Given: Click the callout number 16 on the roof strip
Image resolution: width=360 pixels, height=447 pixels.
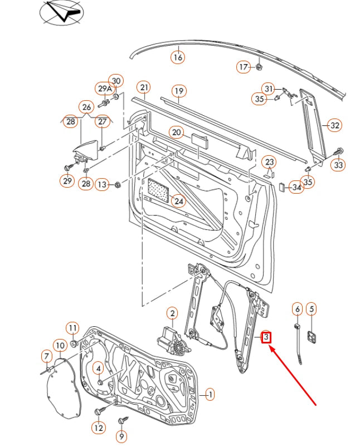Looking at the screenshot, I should pyautogui.click(x=177, y=57).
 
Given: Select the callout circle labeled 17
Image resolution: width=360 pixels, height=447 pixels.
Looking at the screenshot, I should pyautogui.click(x=243, y=67).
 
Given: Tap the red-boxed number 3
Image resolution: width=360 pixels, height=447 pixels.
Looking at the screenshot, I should pyautogui.click(x=266, y=337).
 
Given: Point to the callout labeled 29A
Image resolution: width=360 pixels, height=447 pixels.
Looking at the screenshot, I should pyautogui.click(x=105, y=89).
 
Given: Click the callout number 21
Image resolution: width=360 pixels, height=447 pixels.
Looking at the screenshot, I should pyautogui.click(x=144, y=87).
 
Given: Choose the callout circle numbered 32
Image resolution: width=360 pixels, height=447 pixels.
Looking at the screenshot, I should pyautogui.click(x=334, y=125).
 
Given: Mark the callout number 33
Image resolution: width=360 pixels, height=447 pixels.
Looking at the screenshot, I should pyautogui.click(x=338, y=165).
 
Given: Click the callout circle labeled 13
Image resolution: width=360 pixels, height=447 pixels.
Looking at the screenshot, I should pyautogui.click(x=101, y=184).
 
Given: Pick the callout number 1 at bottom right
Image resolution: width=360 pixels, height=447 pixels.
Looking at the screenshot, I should pyautogui.click(x=210, y=395).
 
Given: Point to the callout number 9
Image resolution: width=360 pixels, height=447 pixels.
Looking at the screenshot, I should pyautogui.click(x=121, y=436).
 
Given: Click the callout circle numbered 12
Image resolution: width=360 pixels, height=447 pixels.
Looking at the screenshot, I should pyautogui.click(x=98, y=428).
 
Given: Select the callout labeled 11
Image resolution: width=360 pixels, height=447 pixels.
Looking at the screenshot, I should pyautogui.click(x=73, y=328).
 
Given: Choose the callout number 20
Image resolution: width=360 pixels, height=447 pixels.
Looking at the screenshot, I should pyautogui.click(x=177, y=132).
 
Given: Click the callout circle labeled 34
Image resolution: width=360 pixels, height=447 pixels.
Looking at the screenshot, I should pyautogui.click(x=297, y=187).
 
